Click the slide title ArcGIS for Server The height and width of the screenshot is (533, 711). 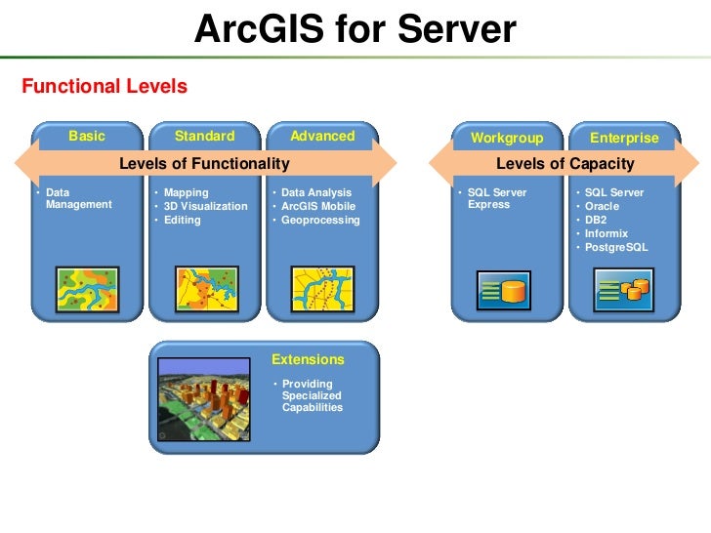coord(355,31)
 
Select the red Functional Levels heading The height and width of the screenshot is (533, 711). coord(104,87)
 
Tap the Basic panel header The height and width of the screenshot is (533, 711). coord(87,137)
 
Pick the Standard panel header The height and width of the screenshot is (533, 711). coord(204,137)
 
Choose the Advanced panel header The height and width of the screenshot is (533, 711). coord(322,137)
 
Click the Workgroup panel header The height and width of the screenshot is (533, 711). coord(506,139)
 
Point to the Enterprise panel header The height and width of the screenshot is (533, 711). coord(624,139)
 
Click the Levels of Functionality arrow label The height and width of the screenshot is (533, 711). coord(204,163)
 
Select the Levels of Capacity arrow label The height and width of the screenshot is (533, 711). coord(565,164)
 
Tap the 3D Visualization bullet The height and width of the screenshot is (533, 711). coord(205,207)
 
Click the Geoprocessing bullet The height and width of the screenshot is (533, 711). coord(320,221)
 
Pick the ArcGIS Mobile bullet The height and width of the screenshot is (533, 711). coord(318,207)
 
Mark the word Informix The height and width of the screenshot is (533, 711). coord(606,234)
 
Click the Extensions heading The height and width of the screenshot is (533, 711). coord(308,359)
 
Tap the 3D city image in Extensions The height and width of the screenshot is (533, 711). coord(207,397)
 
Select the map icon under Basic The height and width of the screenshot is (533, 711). coord(87,288)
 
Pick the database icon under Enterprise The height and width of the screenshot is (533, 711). coord(624,290)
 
